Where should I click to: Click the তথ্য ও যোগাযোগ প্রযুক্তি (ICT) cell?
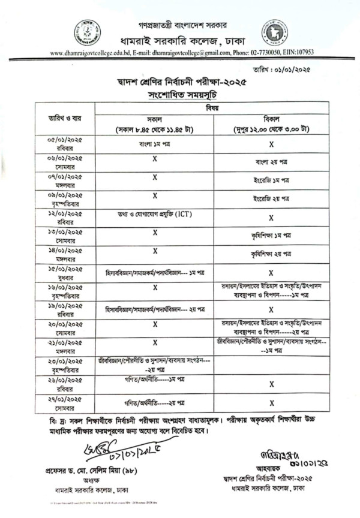[x=155, y=215]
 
